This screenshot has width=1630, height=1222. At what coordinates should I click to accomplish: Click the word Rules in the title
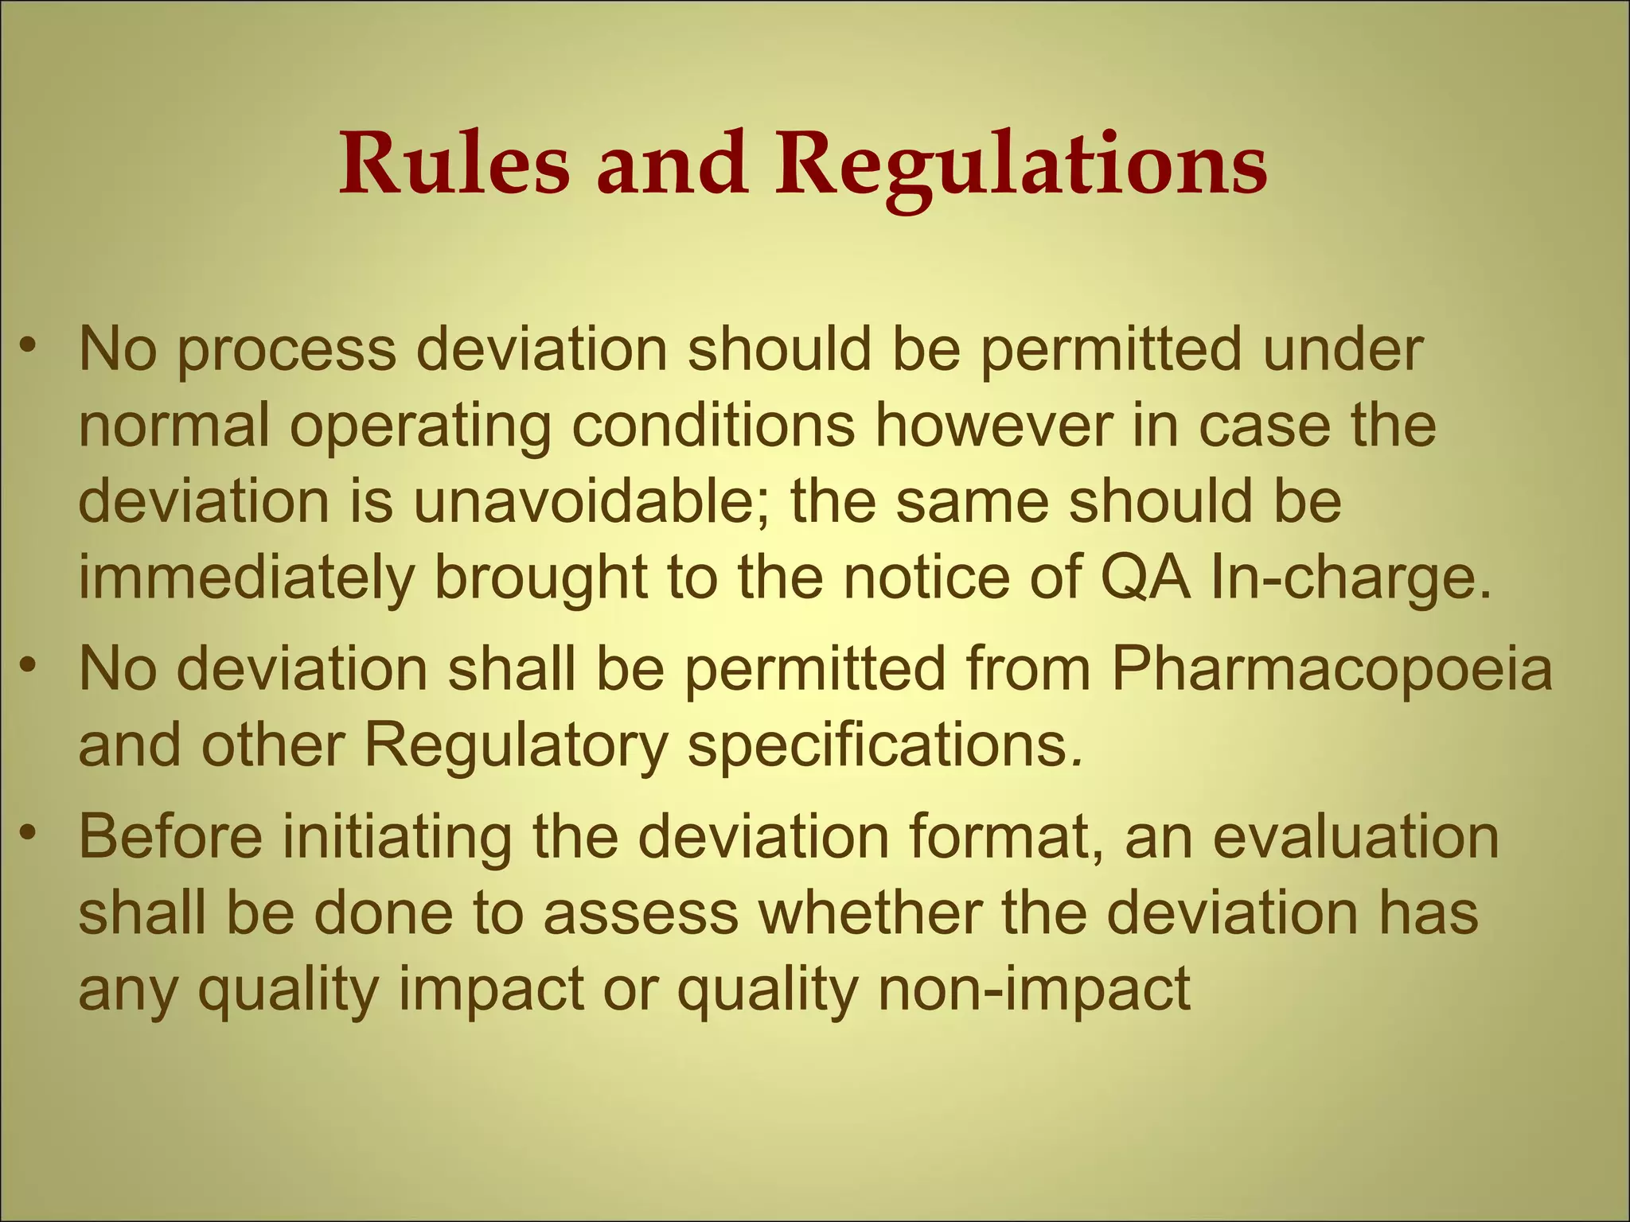[x=454, y=164]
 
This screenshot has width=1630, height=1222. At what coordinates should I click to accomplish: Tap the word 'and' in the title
[x=673, y=164]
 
